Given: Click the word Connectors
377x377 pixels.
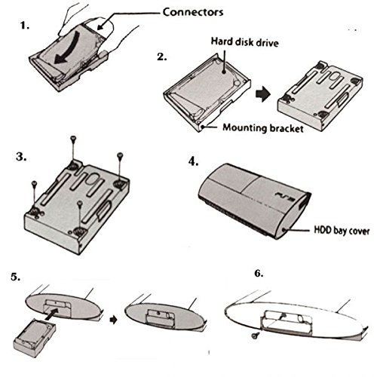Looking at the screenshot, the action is [193, 12].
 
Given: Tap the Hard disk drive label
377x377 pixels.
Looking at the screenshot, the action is [244, 42].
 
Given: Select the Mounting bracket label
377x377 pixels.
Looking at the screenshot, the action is [263, 128].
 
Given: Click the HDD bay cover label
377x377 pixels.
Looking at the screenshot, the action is [342, 231].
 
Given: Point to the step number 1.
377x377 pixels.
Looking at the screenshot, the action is [25, 26].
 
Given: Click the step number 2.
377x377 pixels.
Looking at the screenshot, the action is [162, 57].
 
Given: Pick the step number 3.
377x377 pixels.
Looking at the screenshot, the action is [21, 157].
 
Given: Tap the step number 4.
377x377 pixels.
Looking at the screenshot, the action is [194, 161].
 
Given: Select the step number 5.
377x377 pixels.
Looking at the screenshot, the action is [15, 277].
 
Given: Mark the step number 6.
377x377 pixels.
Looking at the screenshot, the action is [259, 273].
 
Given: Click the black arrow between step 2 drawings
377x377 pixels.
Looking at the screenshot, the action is [263, 94].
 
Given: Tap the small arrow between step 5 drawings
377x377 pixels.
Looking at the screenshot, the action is [114, 320].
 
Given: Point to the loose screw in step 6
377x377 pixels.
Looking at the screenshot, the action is [256, 336].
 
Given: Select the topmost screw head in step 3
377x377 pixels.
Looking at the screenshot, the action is [73, 138].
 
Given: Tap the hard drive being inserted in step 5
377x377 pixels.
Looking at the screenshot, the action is [35, 338].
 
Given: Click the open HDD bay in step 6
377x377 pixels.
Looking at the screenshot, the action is [287, 323].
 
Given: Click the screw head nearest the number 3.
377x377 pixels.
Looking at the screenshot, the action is [35, 183].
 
